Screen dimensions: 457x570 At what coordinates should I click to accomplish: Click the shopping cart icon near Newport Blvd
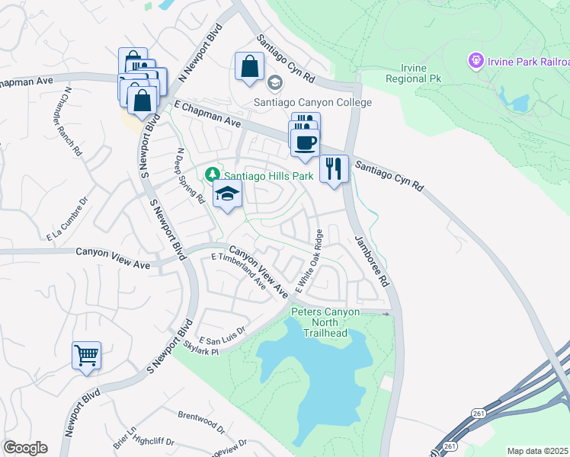86,354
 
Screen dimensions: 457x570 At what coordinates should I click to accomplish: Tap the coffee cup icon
305,142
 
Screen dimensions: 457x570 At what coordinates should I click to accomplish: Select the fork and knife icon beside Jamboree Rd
334,168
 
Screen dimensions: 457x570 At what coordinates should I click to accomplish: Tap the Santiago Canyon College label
313,102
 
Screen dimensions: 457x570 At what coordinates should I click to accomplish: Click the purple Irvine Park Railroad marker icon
476,59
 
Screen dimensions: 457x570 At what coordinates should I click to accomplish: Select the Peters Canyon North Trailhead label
325,322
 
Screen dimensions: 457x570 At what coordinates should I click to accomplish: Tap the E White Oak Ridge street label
309,260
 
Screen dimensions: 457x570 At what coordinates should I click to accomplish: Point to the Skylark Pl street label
200,347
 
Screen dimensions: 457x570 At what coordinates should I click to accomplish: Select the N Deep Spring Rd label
191,176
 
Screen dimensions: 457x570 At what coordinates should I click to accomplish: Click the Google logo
25,448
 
